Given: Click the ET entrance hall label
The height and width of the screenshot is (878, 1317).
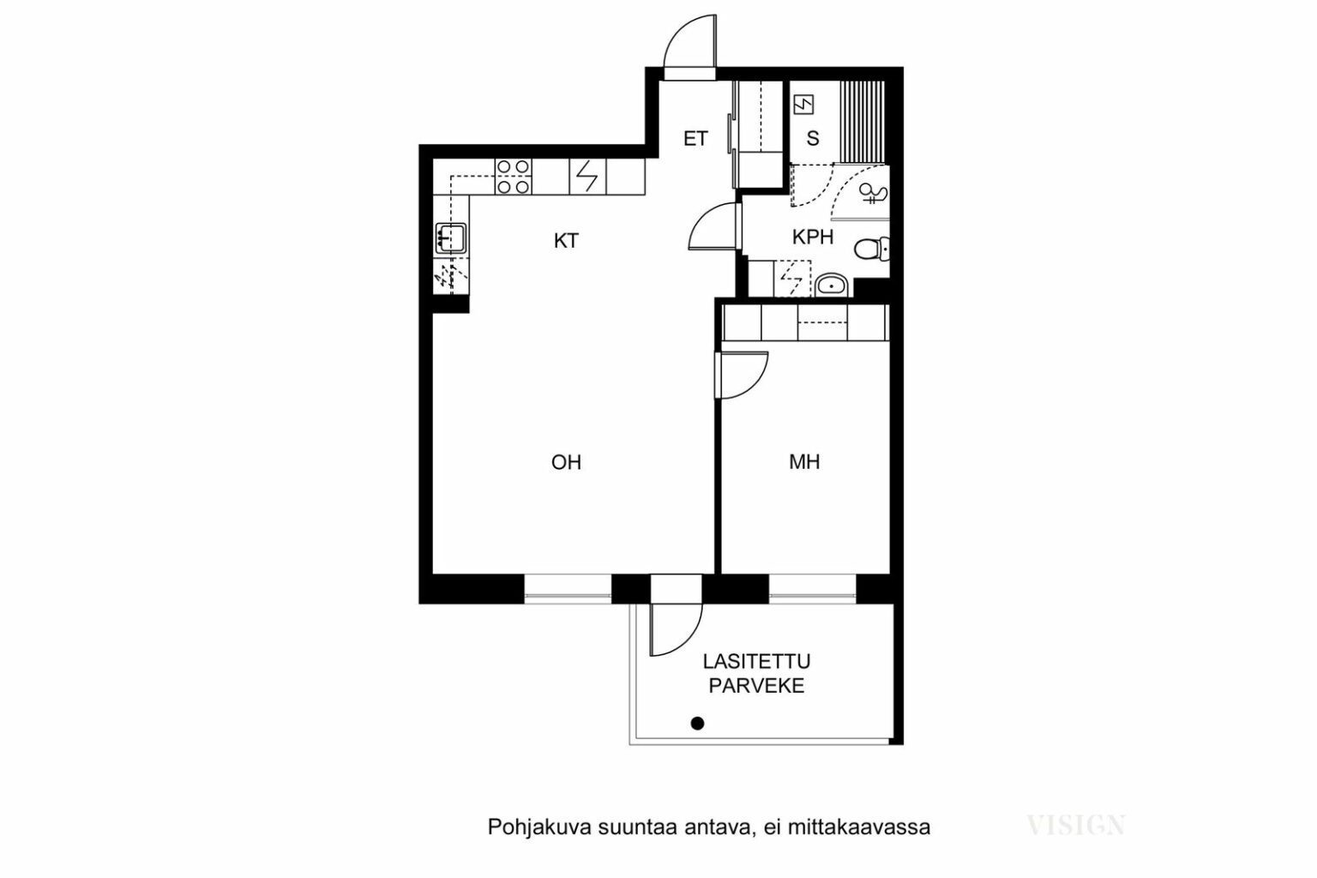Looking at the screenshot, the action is pyautogui.click(x=695, y=139).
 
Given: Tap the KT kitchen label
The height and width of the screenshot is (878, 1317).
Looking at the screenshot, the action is pyautogui.click(x=566, y=241).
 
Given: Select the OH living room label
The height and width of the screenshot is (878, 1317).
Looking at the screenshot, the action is pyautogui.click(x=566, y=463).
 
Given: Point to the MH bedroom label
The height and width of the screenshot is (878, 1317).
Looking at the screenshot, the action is pyautogui.click(x=804, y=462).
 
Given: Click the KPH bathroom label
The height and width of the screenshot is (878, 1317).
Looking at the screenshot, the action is pyautogui.click(x=813, y=237).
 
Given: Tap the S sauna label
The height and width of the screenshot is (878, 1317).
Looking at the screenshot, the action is pyautogui.click(x=813, y=139).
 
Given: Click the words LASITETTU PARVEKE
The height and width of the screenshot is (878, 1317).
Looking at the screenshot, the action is pyautogui.click(x=757, y=673).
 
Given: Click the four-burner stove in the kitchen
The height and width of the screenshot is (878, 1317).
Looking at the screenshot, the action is pyautogui.click(x=513, y=177).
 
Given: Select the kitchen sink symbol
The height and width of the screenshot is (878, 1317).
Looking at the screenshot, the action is pyautogui.click(x=451, y=238).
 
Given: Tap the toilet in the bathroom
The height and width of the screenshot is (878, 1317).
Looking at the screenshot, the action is pyautogui.click(x=871, y=249).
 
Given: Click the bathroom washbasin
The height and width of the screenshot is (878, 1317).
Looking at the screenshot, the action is pyautogui.click(x=831, y=286).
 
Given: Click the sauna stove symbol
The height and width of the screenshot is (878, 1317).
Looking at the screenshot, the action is pyautogui.click(x=803, y=105).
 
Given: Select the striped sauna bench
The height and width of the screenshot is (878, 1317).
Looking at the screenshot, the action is pyautogui.click(x=862, y=123).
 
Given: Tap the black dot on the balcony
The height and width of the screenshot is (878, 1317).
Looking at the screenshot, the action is pyautogui.click(x=697, y=724).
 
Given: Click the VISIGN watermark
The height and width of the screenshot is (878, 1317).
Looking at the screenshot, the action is pyautogui.click(x=1076, y=826).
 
